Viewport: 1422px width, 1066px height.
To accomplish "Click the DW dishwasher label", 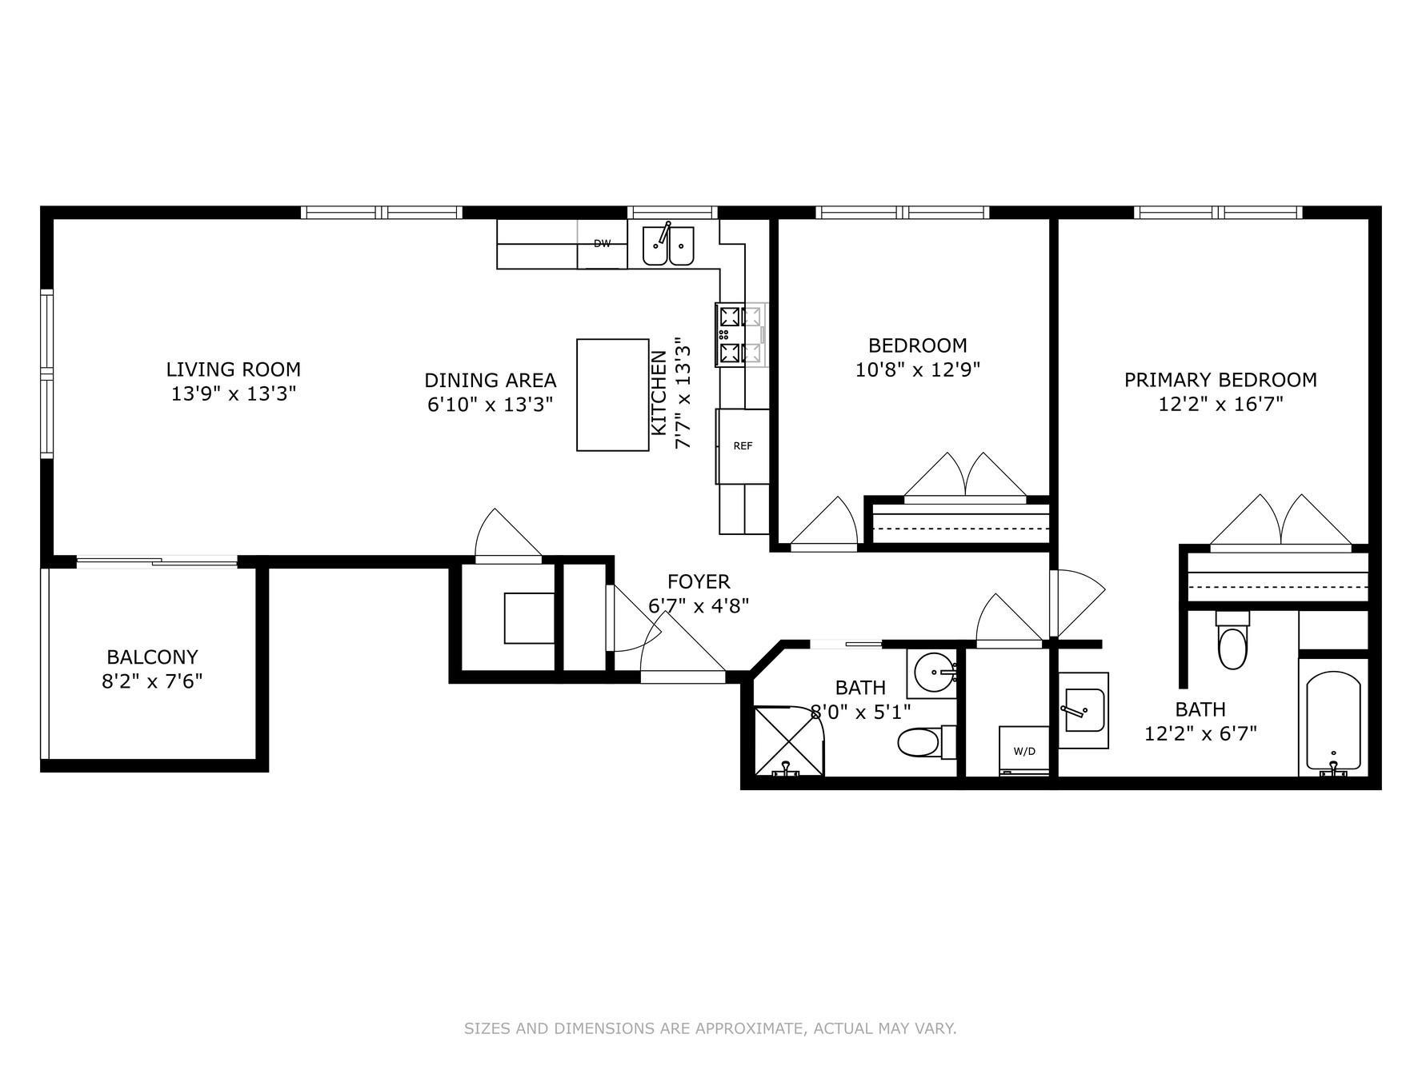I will (602, 244).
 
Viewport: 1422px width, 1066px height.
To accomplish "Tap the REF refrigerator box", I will (743, 446).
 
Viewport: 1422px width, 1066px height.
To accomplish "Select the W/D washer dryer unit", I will (1024, 750).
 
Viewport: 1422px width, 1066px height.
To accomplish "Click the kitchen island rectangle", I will (612, 395).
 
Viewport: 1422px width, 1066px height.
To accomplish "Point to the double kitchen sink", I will (669, 246).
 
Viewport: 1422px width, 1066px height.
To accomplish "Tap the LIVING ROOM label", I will (233, 369).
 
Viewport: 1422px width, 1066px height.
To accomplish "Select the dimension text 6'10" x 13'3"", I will (490, 405).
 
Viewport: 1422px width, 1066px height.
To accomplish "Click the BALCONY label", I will (152, 657).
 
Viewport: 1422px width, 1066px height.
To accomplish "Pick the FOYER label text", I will (699, 581).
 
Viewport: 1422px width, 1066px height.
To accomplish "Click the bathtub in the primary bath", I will (1332, 722).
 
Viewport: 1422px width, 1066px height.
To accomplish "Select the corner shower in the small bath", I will (788, 741).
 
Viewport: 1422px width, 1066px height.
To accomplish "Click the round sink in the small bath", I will (933, 670).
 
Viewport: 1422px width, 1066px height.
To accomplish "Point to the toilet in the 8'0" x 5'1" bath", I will (920, 741).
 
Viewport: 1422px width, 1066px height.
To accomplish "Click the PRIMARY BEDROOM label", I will (1220, 380).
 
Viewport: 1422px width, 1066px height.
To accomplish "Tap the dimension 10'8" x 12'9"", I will (917, 370).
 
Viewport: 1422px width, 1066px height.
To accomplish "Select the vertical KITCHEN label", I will (658, 393).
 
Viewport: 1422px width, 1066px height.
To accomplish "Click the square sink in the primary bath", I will (1084, 709).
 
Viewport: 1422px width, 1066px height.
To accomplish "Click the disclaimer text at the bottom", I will (710, 1028).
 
